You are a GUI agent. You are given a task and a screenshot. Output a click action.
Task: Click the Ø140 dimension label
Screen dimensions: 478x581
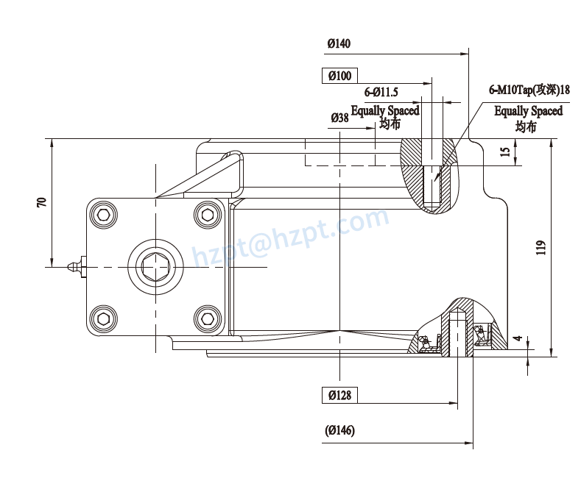click(339, 44)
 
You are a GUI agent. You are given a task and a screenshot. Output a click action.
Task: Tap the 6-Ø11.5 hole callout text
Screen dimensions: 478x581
click(381, 93)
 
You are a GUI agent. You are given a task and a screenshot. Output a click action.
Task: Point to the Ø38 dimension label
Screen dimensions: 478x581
click(339, 118)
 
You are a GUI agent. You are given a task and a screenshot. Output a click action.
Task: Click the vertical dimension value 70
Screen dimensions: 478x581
click(42, 202)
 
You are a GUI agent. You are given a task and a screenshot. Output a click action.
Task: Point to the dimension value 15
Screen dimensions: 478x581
click(504, 151)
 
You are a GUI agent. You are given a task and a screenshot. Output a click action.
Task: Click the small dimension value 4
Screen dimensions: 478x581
click(518, 339)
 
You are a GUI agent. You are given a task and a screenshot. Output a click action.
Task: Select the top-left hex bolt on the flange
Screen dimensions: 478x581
click(103, 215)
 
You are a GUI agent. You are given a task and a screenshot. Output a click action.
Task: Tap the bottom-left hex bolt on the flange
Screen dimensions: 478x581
click(103, 318)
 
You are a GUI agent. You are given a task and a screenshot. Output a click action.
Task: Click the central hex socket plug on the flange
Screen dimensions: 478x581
click(155, 267)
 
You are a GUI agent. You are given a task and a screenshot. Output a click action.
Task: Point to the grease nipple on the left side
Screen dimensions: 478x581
click(74, 266)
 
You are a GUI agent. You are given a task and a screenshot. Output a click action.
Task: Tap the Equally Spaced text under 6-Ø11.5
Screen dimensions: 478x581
click(385, 111)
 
